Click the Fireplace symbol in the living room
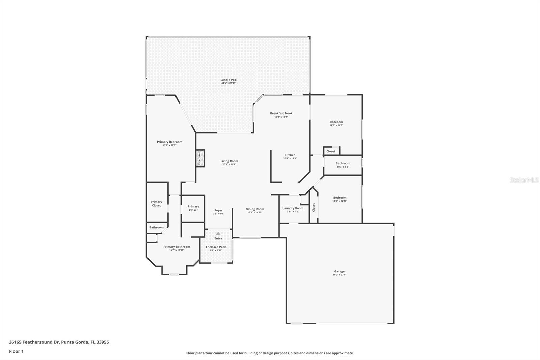pyautogui.click(x=200, y=158)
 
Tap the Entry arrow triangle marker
pyautogui.click(x=218, y=233)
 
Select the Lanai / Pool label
pyautogui.click(x=229, y=80)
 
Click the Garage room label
pyautogui.click(x=339, y=271)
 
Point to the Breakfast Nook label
pyautogui.click(x=281, y=113)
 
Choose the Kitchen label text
pyautogui.click(x=290, y=155)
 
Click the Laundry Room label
pyautogui.click(x=293, y=208)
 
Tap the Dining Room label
pyautogui.click(x=254, y=209)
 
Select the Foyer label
pyautogui.click(x=218, y=210)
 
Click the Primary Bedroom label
pyautogui.click(x=169, y=142)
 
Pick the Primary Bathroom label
pyautogui.click(x=177, y=247)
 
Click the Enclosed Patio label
pyautogui.click(x=216, y=247)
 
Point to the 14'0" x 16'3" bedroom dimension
pyautogui.click(x=336, y=125)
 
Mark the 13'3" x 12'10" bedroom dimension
pyautogui.click(x=340, y=201)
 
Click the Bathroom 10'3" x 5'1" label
pyautogui.click(x=343, y=163)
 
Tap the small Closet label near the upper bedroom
pyautogui.click(x=331, y=151)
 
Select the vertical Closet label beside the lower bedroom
pyautogui.click(x=314, y=207)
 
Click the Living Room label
pyautogui.click(x=229, y=161)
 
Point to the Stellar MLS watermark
pyautogui.click(x=524, y=180)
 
